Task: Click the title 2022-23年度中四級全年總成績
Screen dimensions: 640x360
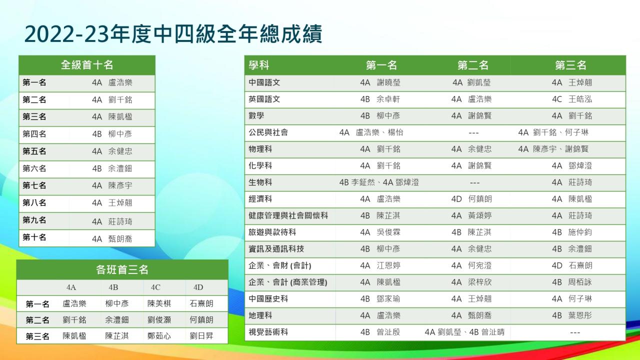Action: click(x=173, y=34)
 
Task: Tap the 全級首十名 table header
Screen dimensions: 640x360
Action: click(x=87, y=65)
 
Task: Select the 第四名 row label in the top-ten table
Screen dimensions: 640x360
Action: click(x=34, y=133)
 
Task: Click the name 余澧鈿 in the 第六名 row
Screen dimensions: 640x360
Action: click(x=120, y=168)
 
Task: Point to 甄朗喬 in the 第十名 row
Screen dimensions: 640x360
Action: click(x=120, y=239)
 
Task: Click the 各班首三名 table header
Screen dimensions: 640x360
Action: click(x=122, y=269)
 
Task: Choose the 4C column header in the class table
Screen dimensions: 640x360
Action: click(x=155, y=287)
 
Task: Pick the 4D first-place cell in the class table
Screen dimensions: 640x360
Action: click(x=201, y=303)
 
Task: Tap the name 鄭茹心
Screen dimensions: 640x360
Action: click(x=159, y=335)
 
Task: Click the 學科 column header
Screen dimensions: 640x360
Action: click(x=259, y=65)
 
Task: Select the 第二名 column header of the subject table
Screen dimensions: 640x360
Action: click(x=473, y=65)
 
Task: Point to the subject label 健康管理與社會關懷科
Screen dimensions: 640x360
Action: click(x=288, y=215)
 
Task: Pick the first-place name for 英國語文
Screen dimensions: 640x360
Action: click(x=388, y=99)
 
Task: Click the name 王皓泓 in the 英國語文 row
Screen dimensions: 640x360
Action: click(x=580, y=99)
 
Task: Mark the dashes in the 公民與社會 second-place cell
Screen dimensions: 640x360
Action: click(x=473, y=133)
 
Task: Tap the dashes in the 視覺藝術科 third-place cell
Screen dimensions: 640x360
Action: click(x=575, y=332)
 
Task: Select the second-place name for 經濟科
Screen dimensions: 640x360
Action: click(x=480, y=199)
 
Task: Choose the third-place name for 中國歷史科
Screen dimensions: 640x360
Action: click(x=580, y=299)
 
